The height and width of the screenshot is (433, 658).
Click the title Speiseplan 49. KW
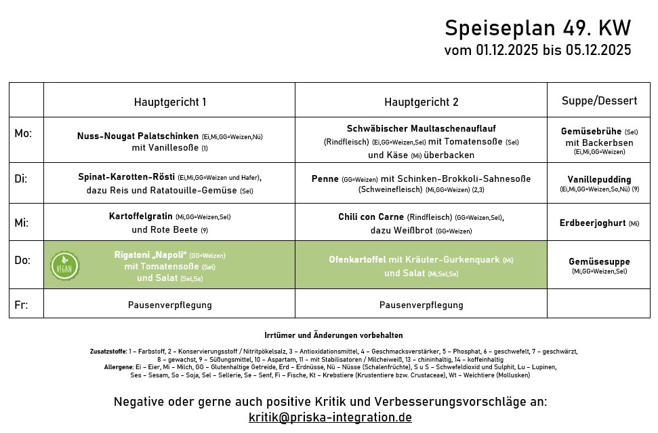537,29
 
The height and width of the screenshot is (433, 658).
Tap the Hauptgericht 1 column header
170,102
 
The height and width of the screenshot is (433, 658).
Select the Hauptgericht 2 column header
421,102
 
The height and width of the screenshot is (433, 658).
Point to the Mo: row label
23,133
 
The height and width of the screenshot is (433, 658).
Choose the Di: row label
21,178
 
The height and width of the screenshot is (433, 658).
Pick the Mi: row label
21,221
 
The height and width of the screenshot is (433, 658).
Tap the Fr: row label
21,305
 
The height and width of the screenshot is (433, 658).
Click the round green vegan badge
64,265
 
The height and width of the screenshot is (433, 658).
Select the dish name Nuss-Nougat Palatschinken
138,136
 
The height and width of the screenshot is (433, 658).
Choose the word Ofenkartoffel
357,260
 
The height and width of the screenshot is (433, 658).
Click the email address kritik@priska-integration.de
330,417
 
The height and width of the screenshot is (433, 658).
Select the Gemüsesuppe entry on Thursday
599,261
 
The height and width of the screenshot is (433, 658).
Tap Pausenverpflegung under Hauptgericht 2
421,305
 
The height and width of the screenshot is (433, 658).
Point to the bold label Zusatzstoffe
108,352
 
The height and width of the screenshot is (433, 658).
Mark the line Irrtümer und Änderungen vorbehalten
333,335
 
